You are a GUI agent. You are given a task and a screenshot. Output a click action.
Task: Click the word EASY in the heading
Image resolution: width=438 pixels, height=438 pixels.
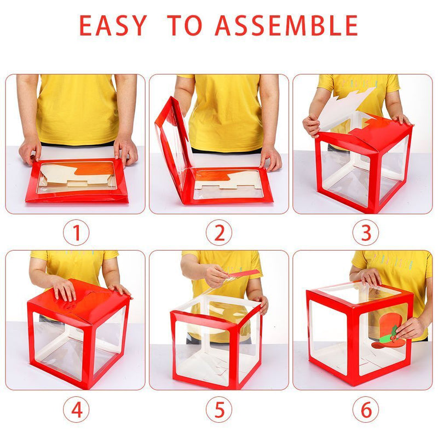tap(113, 25)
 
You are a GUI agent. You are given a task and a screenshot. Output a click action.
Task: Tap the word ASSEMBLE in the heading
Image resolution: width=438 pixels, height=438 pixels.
tap(286, 25)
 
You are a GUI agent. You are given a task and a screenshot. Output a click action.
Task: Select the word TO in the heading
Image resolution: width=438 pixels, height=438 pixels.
tap(185, 25)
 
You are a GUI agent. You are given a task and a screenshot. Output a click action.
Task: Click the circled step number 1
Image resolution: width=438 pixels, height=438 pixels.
tap(76, 233)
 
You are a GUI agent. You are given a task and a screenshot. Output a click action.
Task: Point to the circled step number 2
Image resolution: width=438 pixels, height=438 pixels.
tap(219, 233)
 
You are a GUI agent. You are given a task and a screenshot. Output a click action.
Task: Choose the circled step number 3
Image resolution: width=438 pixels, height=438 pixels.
tap(366, 233)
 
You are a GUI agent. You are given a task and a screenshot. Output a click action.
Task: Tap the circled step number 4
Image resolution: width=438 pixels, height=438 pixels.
tap(76, 410)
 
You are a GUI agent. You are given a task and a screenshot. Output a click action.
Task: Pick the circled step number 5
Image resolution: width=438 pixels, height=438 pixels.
tap(219, 410)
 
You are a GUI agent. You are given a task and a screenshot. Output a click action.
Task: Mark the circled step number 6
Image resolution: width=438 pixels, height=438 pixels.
tap(366, 410)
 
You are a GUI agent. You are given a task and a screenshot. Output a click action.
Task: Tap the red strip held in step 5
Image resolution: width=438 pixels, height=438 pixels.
tap(244, 273)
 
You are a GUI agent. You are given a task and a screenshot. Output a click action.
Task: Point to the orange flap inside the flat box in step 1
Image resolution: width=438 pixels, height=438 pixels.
tap(95, 169)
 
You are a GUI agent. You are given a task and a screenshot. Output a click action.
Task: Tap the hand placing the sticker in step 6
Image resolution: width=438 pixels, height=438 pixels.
tap(408, 328)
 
